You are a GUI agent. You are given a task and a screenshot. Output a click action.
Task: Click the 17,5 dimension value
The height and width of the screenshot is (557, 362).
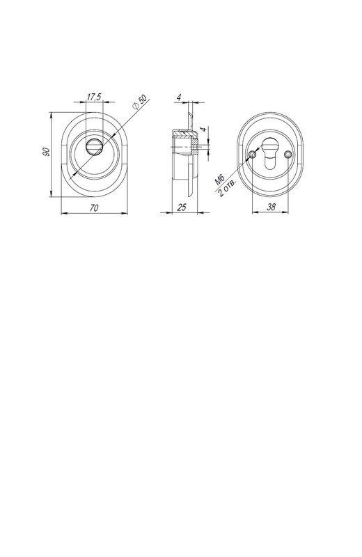pos(94,97)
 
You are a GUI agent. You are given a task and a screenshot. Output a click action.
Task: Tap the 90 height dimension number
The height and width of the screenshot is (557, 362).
pos(46,152)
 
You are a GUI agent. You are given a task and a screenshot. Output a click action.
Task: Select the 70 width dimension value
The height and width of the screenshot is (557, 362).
pos(94,207)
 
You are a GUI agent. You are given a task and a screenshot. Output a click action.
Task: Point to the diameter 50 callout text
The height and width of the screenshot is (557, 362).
pos(140,102)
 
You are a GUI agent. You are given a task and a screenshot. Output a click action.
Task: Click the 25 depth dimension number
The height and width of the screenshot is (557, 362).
pos(182,207)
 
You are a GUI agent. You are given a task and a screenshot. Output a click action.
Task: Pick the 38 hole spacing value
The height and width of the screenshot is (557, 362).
pos(271,207)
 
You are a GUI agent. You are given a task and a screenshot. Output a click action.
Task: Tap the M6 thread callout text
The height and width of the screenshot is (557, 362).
pos(220,180)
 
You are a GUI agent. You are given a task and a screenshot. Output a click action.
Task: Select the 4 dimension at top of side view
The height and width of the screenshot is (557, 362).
pos(179,97)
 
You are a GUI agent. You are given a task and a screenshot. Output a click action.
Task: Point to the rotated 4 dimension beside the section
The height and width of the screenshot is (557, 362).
pos(203,130)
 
